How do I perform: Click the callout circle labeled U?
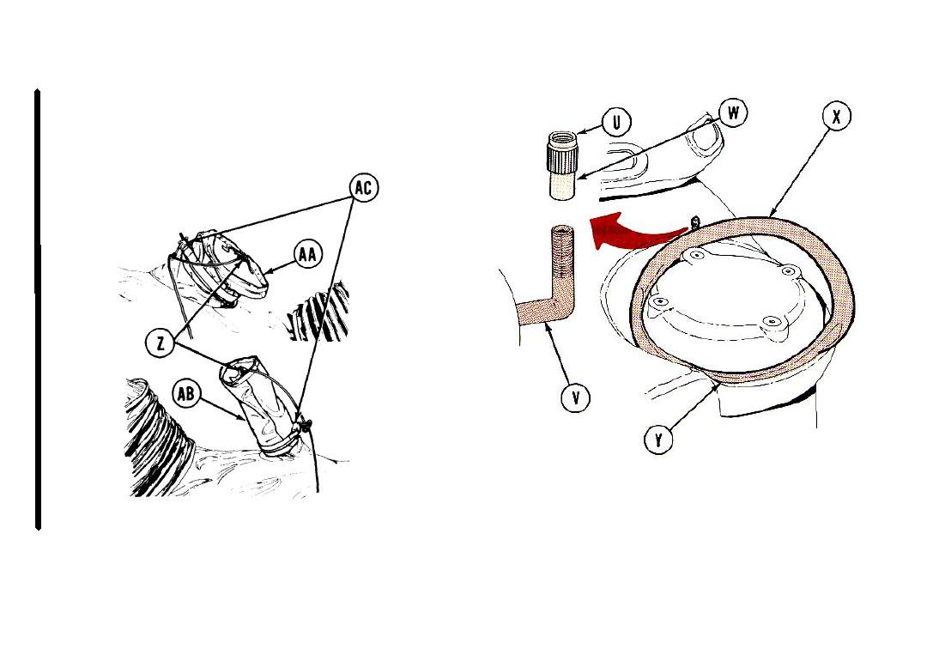coord(617,123)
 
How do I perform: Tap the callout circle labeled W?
coord(733,112)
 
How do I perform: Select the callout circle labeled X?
coord(836,117)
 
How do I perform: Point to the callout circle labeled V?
coord(576,397)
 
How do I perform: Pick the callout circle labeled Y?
coord(658,440)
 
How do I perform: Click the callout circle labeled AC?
coord(363,187)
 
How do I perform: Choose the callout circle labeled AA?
coord(307,255)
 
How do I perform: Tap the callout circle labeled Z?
coord(161,343)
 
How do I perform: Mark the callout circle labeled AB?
coord(185,394)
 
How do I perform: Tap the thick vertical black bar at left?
coord(38,309)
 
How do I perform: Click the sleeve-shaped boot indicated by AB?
coord(257,406)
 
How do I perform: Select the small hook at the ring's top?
coord(695,223)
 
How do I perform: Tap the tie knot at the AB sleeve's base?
coord(303,424)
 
